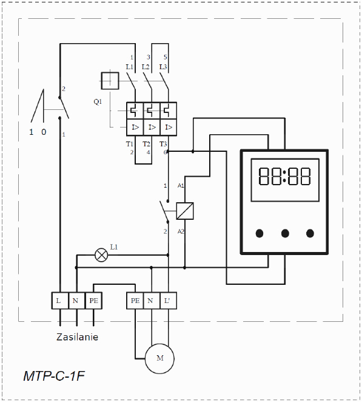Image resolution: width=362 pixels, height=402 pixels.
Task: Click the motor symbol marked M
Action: [x=159, y=358]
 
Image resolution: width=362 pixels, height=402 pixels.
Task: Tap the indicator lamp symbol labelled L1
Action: [x=101, y=255]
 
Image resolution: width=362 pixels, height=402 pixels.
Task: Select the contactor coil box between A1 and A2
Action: [x=185, y=211]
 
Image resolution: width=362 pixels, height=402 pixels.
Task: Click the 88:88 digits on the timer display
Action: [x=284, y=176]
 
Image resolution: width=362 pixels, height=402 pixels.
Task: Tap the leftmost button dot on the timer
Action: [x=260, y=233]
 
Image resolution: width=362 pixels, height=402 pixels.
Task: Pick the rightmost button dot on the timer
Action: [x=310, y=233]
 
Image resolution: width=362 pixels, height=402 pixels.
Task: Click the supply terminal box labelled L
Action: [x=60, y=301]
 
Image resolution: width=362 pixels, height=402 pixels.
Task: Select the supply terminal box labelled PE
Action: [x=93, y=301]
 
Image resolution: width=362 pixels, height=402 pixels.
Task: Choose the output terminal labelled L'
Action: [x=168, y=301]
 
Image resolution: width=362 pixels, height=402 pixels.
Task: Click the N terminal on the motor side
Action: [x=152, y=301]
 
